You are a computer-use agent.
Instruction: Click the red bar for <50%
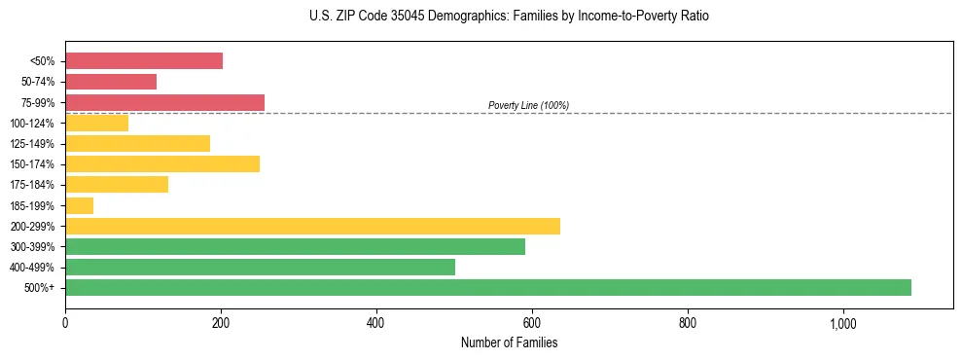(144, 61)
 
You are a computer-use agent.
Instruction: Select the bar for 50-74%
(111, 82)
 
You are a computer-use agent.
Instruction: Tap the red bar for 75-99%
(164, 102)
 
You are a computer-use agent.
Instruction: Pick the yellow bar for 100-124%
(96, 123)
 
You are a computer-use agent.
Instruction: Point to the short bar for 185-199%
(79, 205)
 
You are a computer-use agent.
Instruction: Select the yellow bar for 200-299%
(312, 226)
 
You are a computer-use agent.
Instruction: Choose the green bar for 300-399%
(295, 246)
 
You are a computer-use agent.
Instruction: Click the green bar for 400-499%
(260, 267)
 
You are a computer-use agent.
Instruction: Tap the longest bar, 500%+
(488, 287)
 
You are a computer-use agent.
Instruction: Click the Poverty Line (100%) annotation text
(528, 105)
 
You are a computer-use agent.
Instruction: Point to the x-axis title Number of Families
(509, 343)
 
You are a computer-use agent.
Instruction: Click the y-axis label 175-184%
(32, 185)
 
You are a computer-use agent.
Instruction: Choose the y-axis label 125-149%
(32, 144)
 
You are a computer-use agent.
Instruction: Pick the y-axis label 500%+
(40, 288)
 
